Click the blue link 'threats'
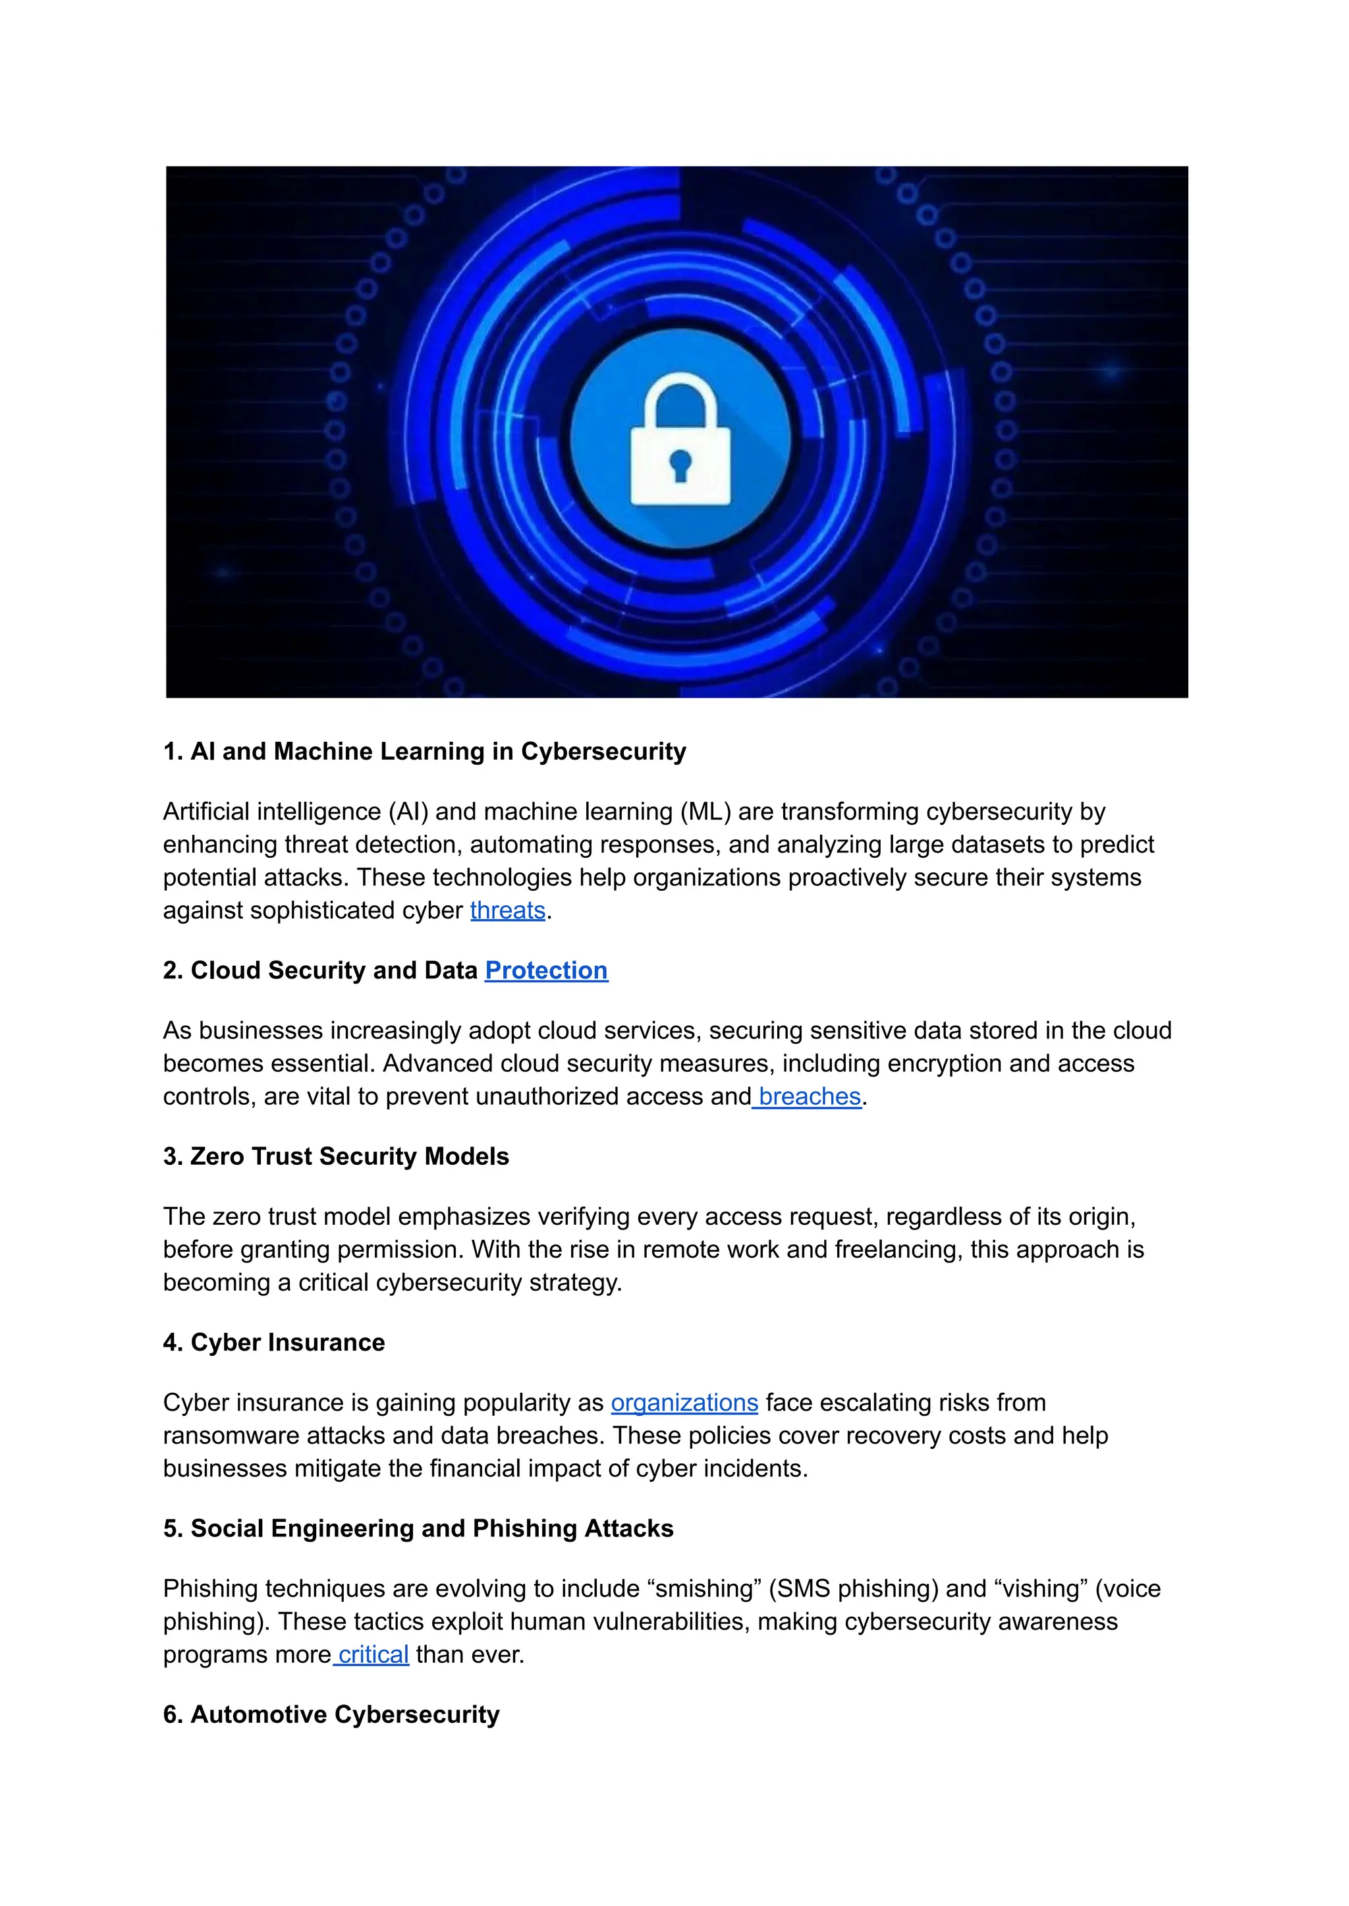(508, 911)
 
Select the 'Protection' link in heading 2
(546, 970)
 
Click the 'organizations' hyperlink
(684, 1403)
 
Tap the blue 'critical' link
(373, 1655)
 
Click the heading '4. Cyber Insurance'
(274, 1343)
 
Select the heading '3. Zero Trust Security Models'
(335, 1156)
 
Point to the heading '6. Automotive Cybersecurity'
(331, 1715)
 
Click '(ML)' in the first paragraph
(705, 812)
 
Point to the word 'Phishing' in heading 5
(524, 1528)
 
